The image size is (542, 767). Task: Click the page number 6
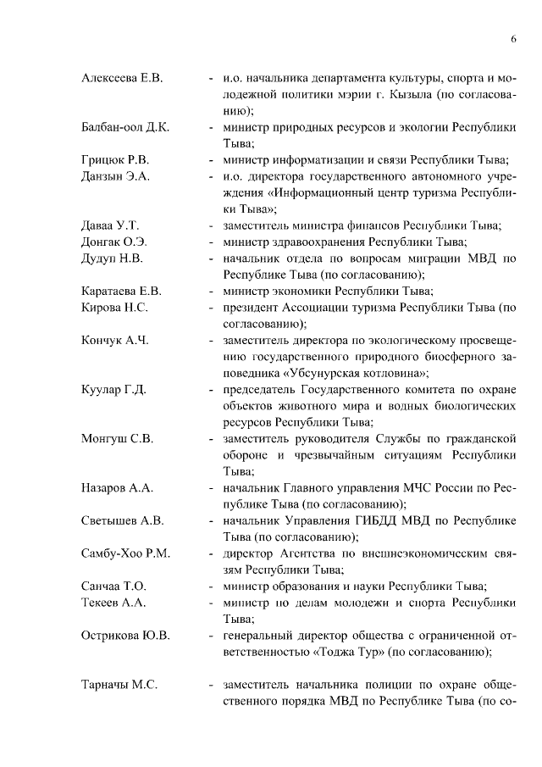[x=513, y=39]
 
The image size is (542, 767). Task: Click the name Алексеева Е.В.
[x=121, y=79]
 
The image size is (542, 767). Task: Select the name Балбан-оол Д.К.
[x=125, y=127]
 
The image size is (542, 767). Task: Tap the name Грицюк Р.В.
[x=115, y=159]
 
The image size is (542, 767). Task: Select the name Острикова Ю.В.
[x=124, y=636]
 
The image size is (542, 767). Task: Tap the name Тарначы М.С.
[x=119, y=685]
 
